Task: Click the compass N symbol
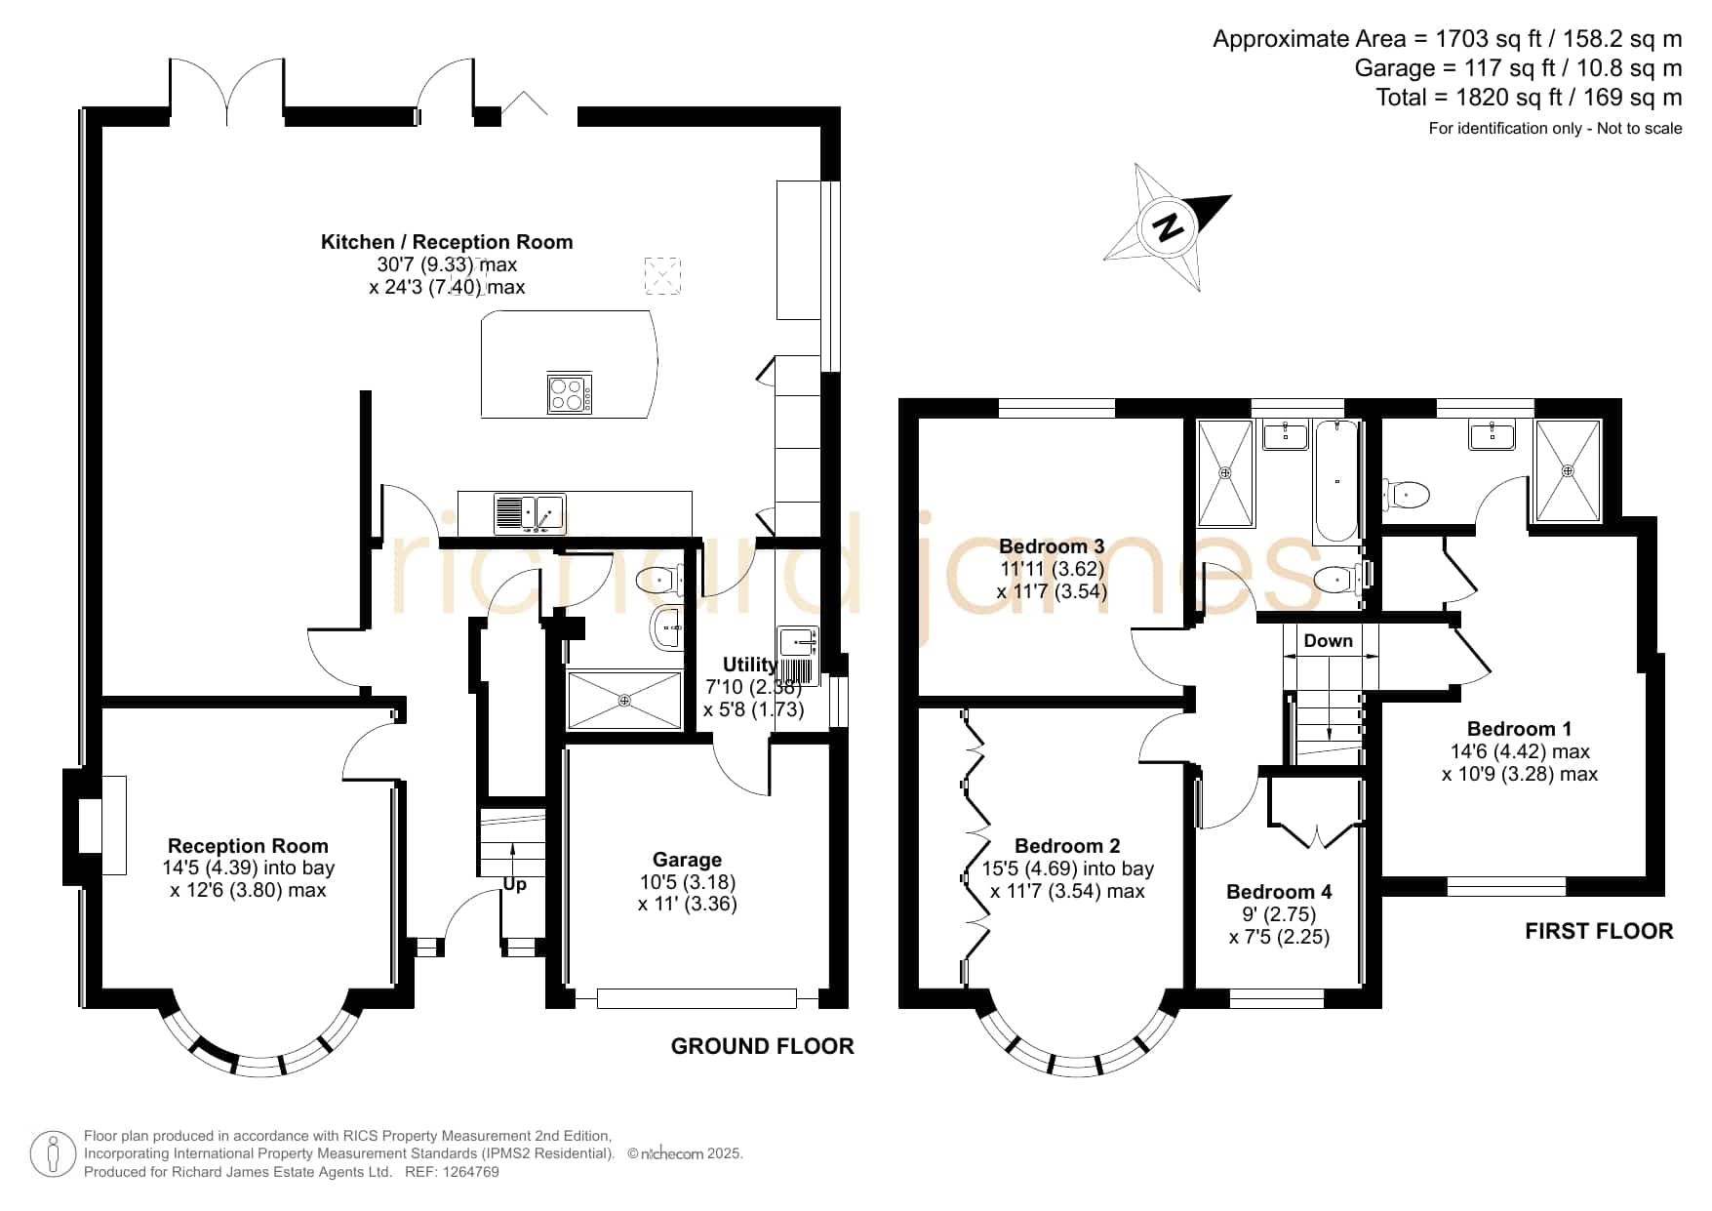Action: pyautogui.click(x=1168, y=226)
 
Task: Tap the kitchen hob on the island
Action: pyautogui.click(x=570, y=394)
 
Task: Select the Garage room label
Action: pyautogui.click(x=687, y=860)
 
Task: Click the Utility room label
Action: pyautogui.click(x=749, y=665)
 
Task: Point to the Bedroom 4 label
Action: pyautogui.click(x=1278, y=892)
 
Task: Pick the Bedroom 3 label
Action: pyautogui.click(x=1052, y=546)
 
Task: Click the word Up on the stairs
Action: pyautogui.click(x=514, y=885)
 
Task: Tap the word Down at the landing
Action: pyautogui.click(x=1328, y=641)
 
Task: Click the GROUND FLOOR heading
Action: pyautogui.click(x=762, y=1046)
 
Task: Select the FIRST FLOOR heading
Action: pyautogui.click(x=1599, y=932)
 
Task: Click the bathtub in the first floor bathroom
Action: pyautogui.click(x=1335, y=482)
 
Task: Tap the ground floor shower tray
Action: pyautogui.click(x=624, y=700)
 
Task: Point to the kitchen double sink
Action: pyautogui.click(x=530, y=513)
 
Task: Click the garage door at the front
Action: pyautogui.click(x=697, y=998)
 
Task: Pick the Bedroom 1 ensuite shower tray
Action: pyautogui.click(x=1568, y=471)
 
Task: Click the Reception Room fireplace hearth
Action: pyautogui.click(x=114, y=826)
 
